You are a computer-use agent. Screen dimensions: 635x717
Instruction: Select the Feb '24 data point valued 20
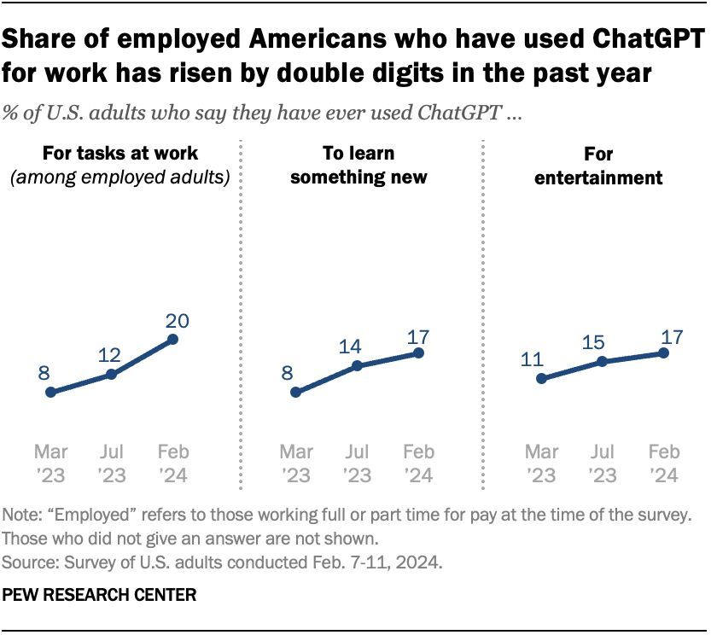tap(172, 339)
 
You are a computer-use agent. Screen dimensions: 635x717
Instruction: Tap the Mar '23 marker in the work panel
tap(50, 393)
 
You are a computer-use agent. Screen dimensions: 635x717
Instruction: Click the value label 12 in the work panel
tap(110, 354)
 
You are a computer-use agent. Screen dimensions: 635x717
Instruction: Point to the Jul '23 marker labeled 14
tap(356, 365)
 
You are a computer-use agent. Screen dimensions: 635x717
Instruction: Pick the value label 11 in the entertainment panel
tap(533, 358)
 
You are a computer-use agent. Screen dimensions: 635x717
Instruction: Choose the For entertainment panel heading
tap(600, 166)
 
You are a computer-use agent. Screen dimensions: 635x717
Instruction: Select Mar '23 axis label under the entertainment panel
tap(541, 463)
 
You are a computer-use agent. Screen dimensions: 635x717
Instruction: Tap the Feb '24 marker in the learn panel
tap(418, 352)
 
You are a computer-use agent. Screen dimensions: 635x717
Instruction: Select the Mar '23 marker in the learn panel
tap(295, 393)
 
